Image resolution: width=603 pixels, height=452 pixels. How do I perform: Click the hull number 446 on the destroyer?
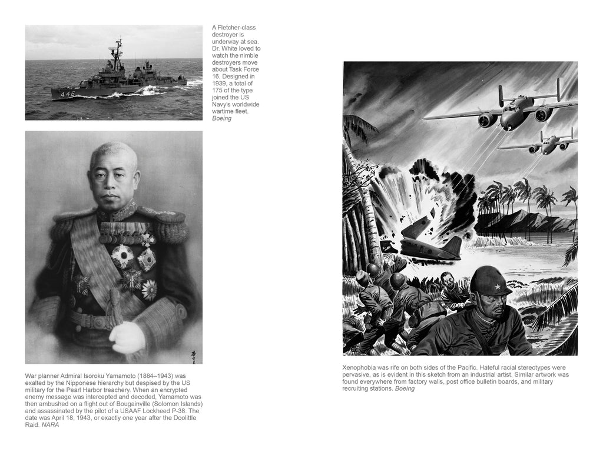pos(67,93)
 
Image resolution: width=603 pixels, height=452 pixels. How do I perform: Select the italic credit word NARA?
pos(50,424)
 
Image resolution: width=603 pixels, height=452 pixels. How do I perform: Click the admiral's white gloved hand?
pos(127,338)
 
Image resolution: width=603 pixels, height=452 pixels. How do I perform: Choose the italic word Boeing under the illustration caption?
pos(405,388)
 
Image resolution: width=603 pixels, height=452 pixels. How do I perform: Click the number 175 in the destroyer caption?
pos(218,91)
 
